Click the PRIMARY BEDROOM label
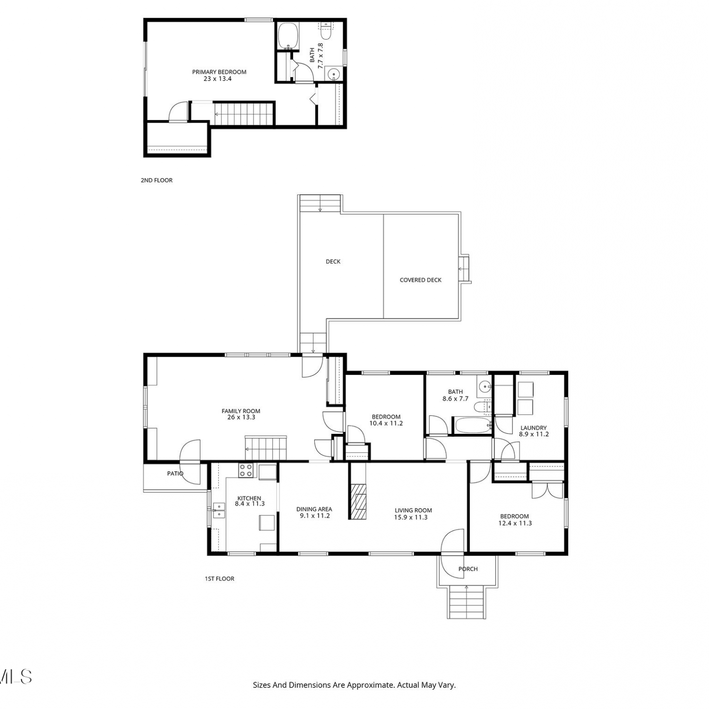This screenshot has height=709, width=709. click(x=219, y=72)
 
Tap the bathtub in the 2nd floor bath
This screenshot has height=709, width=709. click(x=288, y=36)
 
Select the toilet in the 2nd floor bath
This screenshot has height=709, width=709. click(x=326, y=31)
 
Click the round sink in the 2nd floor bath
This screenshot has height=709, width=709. click(x=334, y=74)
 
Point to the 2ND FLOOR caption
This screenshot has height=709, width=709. click(x=156, y=180)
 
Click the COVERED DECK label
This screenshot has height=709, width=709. click(x=421, y=280)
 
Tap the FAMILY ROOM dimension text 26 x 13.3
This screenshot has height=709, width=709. click(x=241, y=417)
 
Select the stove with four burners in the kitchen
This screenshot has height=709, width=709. click(x=245, y=470)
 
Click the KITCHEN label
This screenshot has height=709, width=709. click(x=249, y=498)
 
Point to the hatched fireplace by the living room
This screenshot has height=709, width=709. click(x=358, y=501)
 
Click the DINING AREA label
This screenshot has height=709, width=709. click(x=314, y=509)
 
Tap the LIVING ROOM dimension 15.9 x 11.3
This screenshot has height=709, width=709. click(x=411, y=517)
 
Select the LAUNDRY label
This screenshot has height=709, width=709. click(x=534, y=428)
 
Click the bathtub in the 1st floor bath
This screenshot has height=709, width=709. click(x=473, y=425)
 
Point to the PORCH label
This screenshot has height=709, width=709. click(x=468, y=569)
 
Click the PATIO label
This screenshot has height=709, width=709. click(x=175, y=473)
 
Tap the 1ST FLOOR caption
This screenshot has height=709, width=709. click(x=219, y=579)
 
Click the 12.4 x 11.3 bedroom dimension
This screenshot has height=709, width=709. click(x=515, y=523)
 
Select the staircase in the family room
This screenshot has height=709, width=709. click(x=266, y=448)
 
